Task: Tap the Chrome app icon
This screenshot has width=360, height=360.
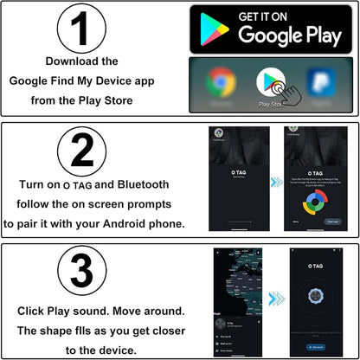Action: click(x=221, y=84)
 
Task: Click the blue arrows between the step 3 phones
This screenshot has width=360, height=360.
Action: click(x=275, y=299)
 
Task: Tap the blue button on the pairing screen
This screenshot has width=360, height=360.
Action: click(x=333, y=221)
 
